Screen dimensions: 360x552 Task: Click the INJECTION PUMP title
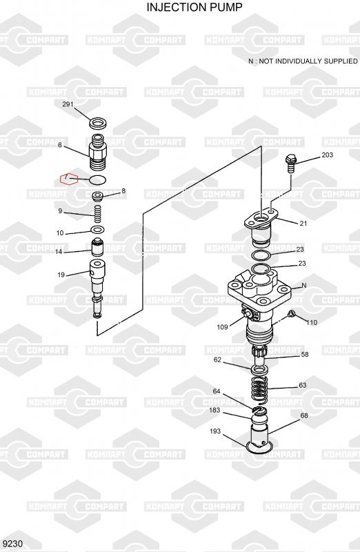point(194,7)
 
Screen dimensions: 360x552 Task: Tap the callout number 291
point(68,104)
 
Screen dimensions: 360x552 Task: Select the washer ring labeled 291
point(98,124)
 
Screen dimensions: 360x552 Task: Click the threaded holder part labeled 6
point(97,152)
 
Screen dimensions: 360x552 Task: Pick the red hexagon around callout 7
point(69,179)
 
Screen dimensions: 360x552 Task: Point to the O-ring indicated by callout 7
point(98,180)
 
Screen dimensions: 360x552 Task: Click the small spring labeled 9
point(98,214)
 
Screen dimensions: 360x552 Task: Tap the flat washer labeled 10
point(97,230)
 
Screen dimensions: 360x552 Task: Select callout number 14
point(59,252)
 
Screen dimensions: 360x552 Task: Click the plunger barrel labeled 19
point(97,288)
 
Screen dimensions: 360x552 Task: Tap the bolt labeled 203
point(290,163)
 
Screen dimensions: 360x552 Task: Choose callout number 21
point(303,223)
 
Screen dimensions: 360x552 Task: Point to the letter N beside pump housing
point(304,286)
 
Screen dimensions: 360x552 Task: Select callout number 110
point(312,322)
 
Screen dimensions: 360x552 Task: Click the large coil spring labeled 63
point(260,388)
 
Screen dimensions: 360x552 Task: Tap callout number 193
point(214,431)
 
